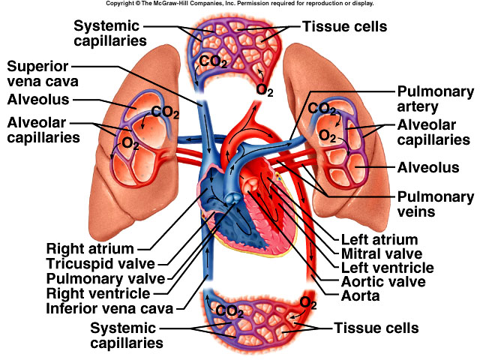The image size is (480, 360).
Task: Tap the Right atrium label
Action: tap(90, 248)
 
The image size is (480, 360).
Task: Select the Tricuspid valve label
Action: tap(100, 263)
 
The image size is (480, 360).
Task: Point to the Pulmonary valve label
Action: tap(101, 278)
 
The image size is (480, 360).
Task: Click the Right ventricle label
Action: tap(97, 293)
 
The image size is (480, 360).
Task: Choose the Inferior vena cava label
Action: tap(109, 308)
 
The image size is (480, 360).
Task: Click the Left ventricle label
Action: tap(386, 268)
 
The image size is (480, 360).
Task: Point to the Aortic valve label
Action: tap(382, 282)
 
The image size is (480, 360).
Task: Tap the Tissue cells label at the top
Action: tap(344, 27)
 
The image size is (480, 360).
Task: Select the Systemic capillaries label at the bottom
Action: tap(125, 335)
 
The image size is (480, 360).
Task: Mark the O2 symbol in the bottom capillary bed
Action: tap(307, 303)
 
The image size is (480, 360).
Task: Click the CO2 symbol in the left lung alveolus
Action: tap(165, 112)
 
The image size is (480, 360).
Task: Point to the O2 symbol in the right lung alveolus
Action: tap(327, 136)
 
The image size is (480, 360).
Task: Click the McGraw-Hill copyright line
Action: tap(240, 4)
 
